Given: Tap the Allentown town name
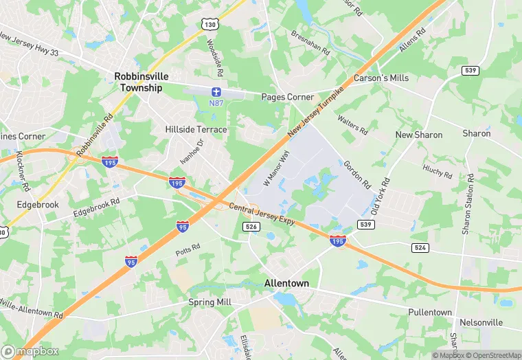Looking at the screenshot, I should pos(286,283).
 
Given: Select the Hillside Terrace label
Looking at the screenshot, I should pos(196,129).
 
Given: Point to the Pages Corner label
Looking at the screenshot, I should pos(287,98).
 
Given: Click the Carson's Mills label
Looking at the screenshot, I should pos(381,78).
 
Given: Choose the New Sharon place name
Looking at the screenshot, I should pos(418,135).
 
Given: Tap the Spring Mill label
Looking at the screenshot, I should pos(209,302).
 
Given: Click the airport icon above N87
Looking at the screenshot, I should pos(217,91).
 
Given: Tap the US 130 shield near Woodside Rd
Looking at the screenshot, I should pos(209,24).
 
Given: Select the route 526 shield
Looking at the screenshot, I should pos(251,227).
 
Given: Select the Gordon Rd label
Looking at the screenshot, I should pos(357,175).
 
